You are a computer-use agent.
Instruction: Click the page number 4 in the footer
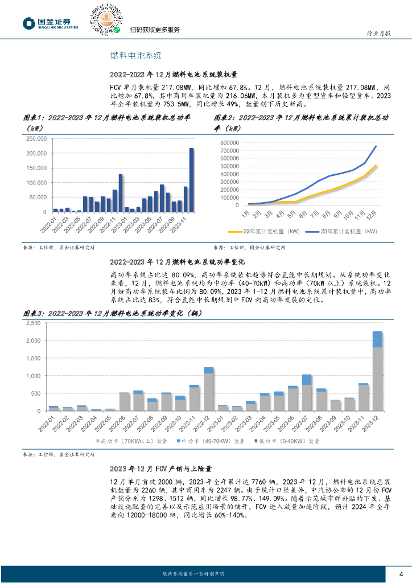coord(401,573)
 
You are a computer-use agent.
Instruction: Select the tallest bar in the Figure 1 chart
coord(192,180)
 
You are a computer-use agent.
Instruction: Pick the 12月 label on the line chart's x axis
coord(374,216)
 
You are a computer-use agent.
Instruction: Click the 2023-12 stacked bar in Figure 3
coord(377,371)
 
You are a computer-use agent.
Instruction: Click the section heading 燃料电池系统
coord(135,55)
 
